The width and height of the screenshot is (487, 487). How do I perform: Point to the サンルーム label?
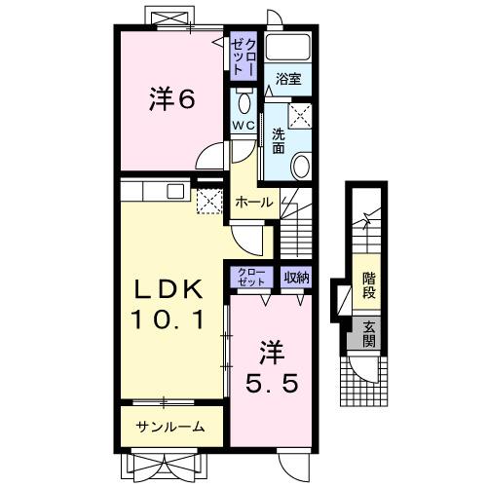(170, 426)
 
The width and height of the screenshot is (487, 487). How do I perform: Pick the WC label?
(243, 126)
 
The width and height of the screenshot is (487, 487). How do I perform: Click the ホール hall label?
(254, 201)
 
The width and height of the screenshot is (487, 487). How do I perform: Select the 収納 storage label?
(297, 278)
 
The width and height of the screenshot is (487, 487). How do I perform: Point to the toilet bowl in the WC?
(244, 102)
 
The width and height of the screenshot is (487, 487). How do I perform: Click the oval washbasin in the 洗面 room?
(303, 167)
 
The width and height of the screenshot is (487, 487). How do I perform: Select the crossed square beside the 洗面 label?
(301, 114)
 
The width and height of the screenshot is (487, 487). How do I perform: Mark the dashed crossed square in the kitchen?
(209, 200)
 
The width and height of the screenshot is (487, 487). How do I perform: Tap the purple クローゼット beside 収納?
(252, 278)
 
